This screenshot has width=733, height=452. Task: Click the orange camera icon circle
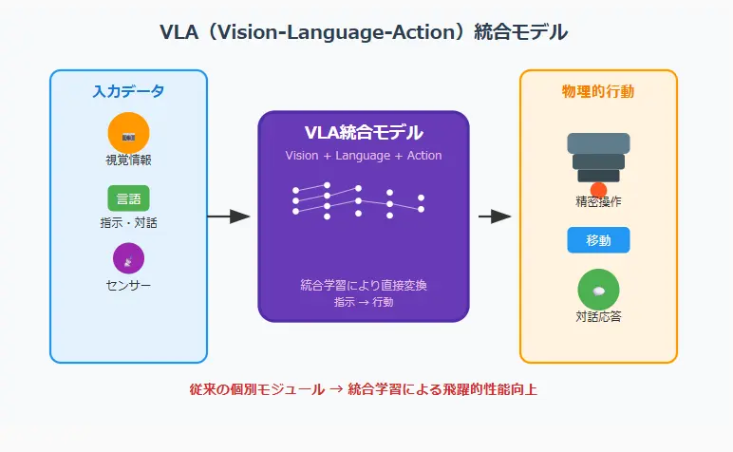pos(128,133)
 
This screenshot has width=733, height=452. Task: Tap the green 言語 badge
pos(128,198)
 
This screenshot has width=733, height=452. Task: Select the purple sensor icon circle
pos(128,258)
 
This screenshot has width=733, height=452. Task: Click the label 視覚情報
pos(128,160)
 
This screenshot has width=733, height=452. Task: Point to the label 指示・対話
pos(128,222)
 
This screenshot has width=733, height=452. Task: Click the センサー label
pos(128,285)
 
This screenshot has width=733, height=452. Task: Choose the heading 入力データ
pos(128,91)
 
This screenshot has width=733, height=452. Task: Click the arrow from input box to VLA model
pos(229,217)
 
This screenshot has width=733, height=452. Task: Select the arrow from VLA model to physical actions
pos(495,217)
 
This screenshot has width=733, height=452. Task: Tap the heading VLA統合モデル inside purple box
pos(364,133)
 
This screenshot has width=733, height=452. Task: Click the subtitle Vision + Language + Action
pos(364,156)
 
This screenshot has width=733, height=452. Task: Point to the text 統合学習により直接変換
pos(364,285)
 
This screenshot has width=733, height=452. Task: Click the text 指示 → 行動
pos(364,302)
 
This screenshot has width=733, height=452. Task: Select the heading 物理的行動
pos(598,91)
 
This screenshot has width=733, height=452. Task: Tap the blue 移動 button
pos(598,240)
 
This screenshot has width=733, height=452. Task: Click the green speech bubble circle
pos(598,290)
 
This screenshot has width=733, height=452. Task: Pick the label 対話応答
pos(598,316)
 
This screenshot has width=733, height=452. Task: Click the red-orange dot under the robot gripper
pos(598,190)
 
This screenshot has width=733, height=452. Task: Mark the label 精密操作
pos(598,202)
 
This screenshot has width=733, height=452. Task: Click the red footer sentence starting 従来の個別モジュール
pos(364,389)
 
